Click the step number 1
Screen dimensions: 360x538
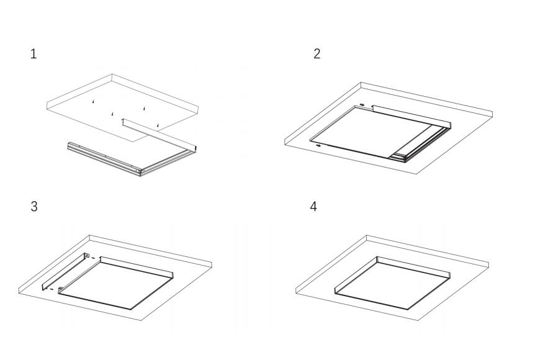(x=34, y=54)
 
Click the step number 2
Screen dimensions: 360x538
(x=317, y=54)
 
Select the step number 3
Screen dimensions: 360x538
(x=34, y=207)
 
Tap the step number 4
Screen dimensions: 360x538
(x=314, y=207)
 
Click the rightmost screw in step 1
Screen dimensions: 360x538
(x=158, y=126)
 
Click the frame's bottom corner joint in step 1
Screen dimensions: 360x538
(x=142, y=171)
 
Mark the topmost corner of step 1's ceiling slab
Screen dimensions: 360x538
(x=112, y=75)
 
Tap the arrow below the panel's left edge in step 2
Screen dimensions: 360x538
(x=318, y=145)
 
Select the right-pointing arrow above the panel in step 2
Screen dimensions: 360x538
(x=362, y=105)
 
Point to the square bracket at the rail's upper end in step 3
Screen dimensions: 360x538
(x=87, y=256)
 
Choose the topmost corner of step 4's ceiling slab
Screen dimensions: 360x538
(x=367, y=235)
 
